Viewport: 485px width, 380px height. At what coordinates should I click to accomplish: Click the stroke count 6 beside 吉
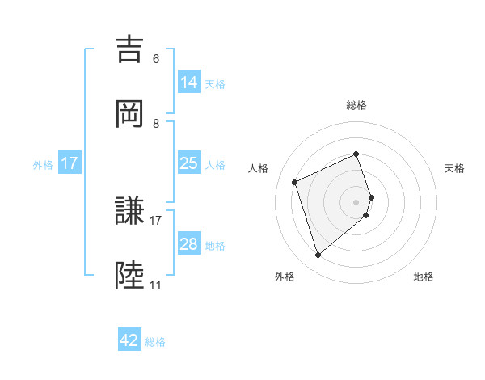[156, 59]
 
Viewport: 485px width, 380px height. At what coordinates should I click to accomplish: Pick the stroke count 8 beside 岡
[156, 124]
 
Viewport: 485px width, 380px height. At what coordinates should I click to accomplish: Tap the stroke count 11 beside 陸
[155, 286]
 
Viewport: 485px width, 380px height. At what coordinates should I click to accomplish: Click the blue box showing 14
[188, 82]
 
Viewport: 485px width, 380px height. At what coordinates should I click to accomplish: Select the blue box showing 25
[188, 163]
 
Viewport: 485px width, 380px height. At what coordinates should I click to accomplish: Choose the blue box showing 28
[188, 244]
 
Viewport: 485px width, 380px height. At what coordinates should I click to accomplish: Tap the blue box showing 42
[129, 340]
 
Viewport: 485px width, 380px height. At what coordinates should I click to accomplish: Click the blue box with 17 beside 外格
[70, 163]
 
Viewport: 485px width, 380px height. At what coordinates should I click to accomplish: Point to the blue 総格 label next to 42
[155, 342]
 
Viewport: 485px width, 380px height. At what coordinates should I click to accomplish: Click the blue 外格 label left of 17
[43, 164]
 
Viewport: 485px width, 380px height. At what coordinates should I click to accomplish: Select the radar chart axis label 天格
[454, 168]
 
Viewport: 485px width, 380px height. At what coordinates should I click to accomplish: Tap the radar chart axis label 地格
[424, 277]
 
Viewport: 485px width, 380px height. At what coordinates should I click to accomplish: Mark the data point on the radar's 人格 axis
[296, 181]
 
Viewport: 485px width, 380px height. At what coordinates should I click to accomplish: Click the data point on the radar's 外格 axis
[318, 255]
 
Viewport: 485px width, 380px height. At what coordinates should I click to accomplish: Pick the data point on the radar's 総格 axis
[356, 154]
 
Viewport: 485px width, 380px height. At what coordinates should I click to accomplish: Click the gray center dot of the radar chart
[356, 201]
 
